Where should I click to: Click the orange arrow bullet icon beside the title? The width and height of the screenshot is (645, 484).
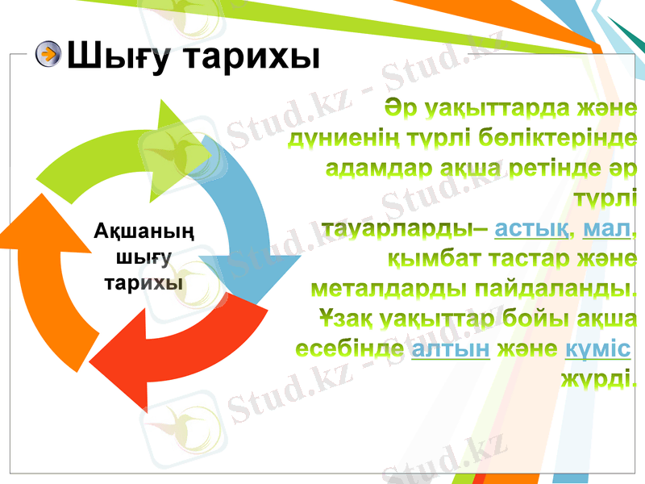pyautogui.click(x=49, y=55)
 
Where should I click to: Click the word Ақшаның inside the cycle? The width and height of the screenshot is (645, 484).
pyautogui.click(x=144, y=233)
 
